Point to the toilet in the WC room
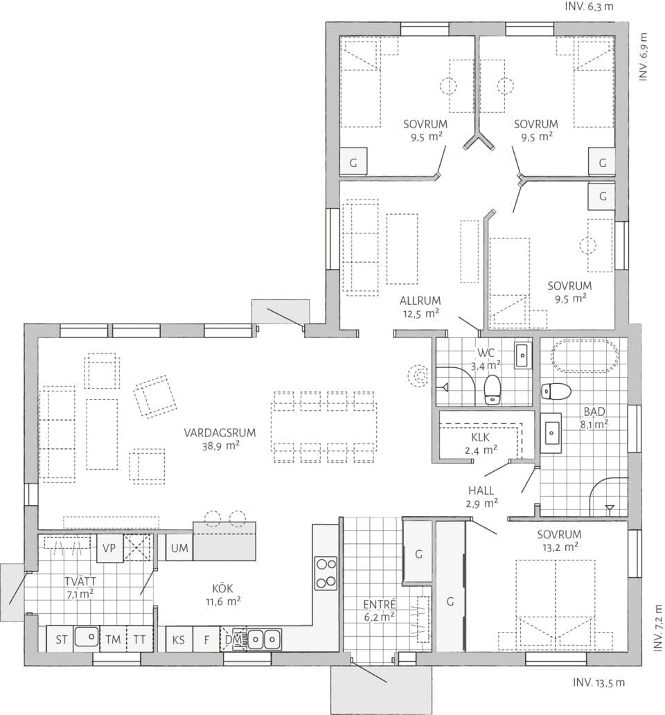coord(493,389)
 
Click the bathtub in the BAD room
coord(584,357)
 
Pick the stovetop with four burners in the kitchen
coord(326,573)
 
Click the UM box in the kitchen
coord(179,549)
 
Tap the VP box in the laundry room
coord(109,548)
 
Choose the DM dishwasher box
coord(231,639)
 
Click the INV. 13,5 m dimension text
coord(598,682)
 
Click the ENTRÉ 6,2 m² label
coord(378,609)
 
